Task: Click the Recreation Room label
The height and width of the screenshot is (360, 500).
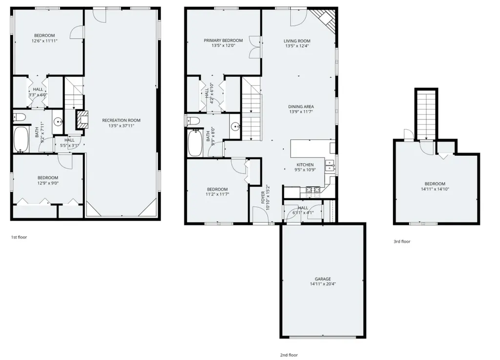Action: (x=121, y=120)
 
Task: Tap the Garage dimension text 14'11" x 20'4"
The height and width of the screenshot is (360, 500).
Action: (x=322, y=284)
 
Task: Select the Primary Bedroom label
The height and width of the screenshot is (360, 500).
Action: (x=223, y=40)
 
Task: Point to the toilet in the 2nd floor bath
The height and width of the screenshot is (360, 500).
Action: (x=193, y=120)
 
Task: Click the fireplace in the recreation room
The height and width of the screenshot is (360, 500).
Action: (x=83, y=120)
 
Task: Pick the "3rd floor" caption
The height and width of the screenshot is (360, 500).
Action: (x=402, y=241)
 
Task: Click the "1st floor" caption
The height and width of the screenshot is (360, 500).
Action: (x=19, y=237)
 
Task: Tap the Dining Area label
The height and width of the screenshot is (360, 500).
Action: (x=301, y=106)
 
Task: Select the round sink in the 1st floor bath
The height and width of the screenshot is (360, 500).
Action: (x=58, y=122)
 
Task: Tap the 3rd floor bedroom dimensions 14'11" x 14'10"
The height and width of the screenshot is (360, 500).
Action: (x=435, y=189)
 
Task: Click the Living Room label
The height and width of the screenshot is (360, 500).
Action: (x=297, y=41)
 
